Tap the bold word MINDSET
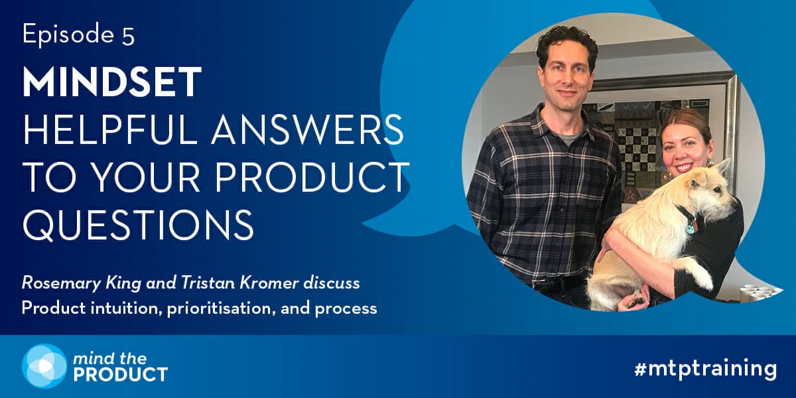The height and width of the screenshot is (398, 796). point(112,82)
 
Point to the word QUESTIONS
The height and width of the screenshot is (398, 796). point(139,225)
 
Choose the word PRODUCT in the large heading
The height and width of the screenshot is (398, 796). point(311,177)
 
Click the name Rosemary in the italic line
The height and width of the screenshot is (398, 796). point(62,284)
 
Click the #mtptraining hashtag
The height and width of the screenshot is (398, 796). point(705,369)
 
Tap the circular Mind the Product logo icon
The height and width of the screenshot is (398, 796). point(44,365)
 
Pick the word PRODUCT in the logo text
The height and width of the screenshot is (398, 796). point(121,375)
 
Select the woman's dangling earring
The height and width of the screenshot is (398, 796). point(710,163)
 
